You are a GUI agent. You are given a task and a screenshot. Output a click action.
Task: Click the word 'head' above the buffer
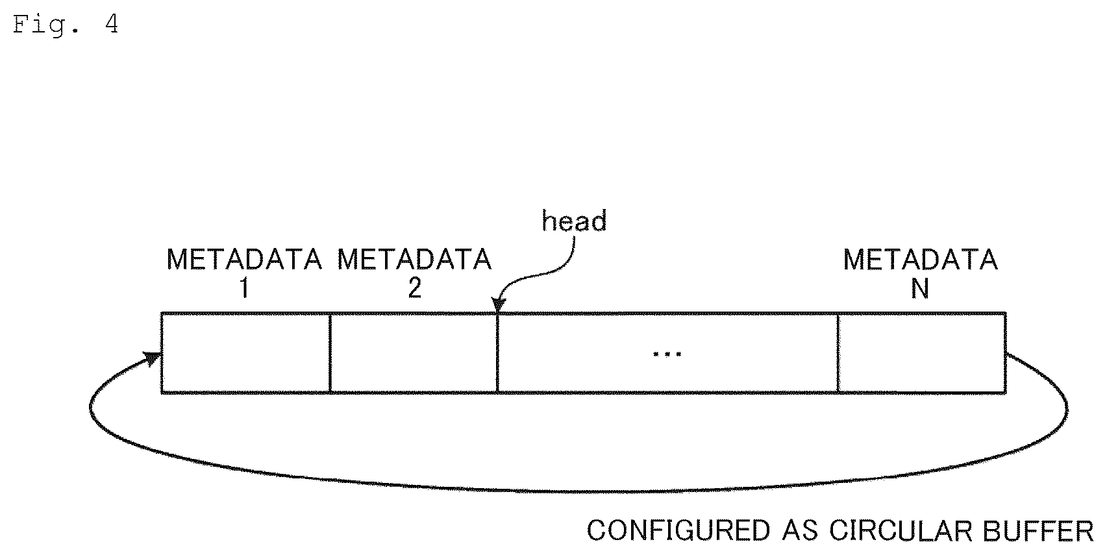coord(574,221)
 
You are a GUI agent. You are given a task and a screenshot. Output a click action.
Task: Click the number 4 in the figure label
coord(112,24)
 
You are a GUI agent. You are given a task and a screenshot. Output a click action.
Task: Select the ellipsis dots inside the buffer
coord(667,354)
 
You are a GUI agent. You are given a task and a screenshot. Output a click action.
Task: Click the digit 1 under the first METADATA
coord(243,288)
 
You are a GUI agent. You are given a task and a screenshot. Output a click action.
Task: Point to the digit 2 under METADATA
coord(415,288)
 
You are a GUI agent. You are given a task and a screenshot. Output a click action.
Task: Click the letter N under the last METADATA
coord(920,288)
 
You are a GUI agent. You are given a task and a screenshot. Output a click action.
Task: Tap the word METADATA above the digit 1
coord(244,260)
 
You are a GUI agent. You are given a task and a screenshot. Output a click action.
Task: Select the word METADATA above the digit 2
coord(414,260)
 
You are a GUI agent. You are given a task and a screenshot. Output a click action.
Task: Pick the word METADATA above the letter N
coord(920,260)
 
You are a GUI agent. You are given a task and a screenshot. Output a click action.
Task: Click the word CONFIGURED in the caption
coord(678,531)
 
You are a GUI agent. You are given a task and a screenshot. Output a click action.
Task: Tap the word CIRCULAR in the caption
coord(901,531)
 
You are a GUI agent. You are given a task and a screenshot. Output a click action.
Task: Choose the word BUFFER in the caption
coord(1038,531)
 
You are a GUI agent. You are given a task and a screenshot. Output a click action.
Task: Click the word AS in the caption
coord(799,531)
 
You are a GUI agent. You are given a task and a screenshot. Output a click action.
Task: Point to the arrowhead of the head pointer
coord(498,306)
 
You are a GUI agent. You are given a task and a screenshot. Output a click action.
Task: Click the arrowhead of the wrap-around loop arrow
coord(152,358)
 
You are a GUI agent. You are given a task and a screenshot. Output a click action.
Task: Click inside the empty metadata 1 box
coord(245,353)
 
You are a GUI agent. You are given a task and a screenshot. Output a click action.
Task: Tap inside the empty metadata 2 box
coord(414,353)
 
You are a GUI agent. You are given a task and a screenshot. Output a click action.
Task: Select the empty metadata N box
coord(922,353)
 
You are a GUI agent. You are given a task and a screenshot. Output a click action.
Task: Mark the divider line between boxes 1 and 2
coord(330,353)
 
